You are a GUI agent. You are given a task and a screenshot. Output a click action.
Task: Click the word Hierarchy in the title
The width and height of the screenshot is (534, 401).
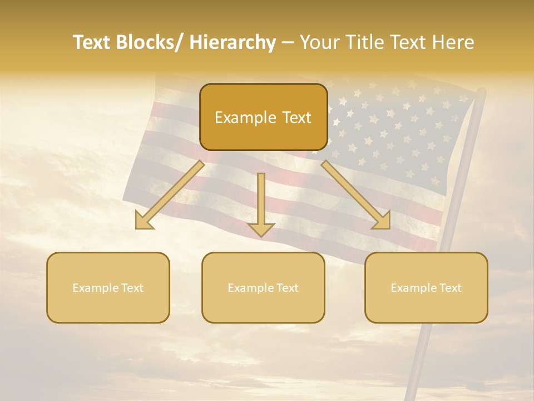point(233,43)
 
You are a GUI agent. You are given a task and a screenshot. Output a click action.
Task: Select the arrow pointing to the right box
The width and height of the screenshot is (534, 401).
point(356,195)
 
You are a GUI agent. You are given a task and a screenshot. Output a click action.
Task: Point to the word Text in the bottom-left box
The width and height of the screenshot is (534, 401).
point(131,288)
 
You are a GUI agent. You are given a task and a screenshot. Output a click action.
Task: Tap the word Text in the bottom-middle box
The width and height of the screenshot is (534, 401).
point(286,288)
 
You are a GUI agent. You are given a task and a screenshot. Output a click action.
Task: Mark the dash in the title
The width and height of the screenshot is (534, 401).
point(288,43)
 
